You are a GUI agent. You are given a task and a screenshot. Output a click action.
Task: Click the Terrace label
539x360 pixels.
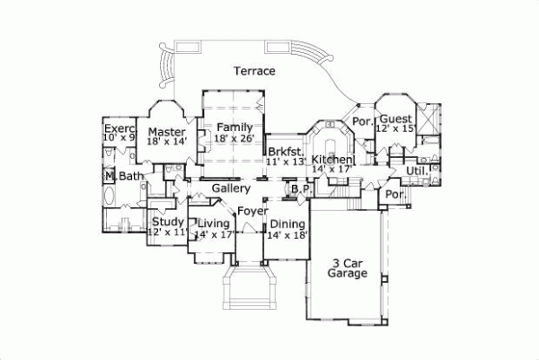pos(254,71)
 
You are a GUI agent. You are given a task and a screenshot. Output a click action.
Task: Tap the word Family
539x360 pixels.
pos(234,128)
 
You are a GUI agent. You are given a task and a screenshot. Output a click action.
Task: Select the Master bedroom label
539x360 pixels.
pos(166,132)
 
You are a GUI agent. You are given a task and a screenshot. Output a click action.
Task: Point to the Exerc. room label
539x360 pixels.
pos(119,129)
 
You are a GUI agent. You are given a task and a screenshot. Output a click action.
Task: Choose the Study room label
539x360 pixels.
pos(168,222)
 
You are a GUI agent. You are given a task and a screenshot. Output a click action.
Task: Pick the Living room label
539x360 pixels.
pos(214,223)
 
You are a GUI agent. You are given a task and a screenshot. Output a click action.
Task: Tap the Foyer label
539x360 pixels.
pos(251,211)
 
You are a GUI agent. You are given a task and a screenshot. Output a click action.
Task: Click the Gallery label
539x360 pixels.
pos(231,189)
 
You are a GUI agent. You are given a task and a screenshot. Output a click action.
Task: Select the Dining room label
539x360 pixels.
pos(288,224)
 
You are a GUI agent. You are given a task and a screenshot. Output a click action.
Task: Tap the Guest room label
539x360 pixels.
pos(395,119)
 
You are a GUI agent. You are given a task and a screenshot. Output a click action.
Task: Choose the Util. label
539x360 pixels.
pos(416,170)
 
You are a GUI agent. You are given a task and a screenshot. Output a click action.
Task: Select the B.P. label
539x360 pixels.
pos(300,190)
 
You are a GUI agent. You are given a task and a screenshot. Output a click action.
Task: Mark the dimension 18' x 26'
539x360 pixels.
pos(234,139)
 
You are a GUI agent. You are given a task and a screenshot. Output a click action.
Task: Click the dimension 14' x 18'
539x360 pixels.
pos(288,234)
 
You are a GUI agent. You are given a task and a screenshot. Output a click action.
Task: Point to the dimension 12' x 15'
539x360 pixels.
pos(395,130)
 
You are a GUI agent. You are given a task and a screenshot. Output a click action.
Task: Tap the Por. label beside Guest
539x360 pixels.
pos(363,120)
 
